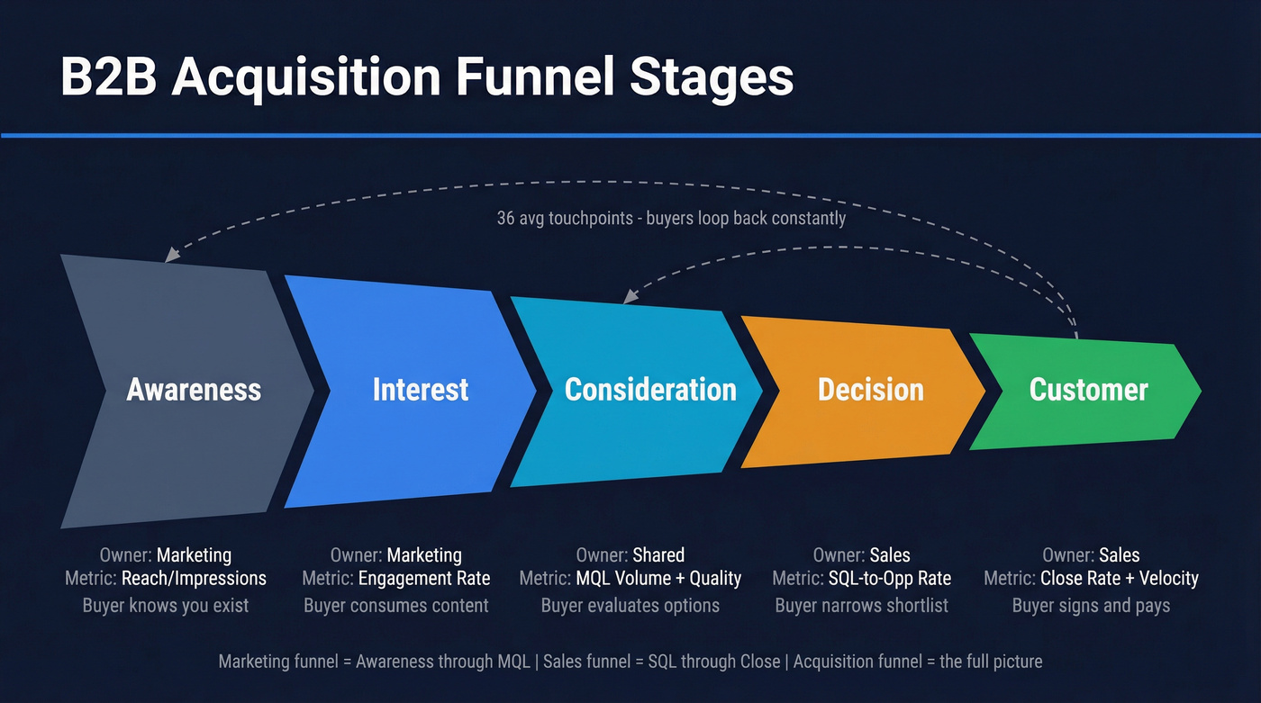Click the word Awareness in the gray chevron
[x=194, y=390]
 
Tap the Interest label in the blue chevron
[x=421, y=390]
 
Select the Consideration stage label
[x=650, y=390]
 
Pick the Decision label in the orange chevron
[x=870, y=390]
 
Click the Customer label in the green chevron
[x=1088, y=390]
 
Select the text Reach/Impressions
[x=194, y=579]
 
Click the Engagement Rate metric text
[x=424, y=579]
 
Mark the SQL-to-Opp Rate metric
[x=889, y=579]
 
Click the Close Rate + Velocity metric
[x=1119, y=579]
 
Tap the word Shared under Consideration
[x=658, y=555]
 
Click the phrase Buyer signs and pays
[x=1091, y=605]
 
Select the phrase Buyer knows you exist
[x=166, y=605]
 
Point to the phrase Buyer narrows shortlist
[x=861, y=605]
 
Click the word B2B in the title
[x=108, y=77]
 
